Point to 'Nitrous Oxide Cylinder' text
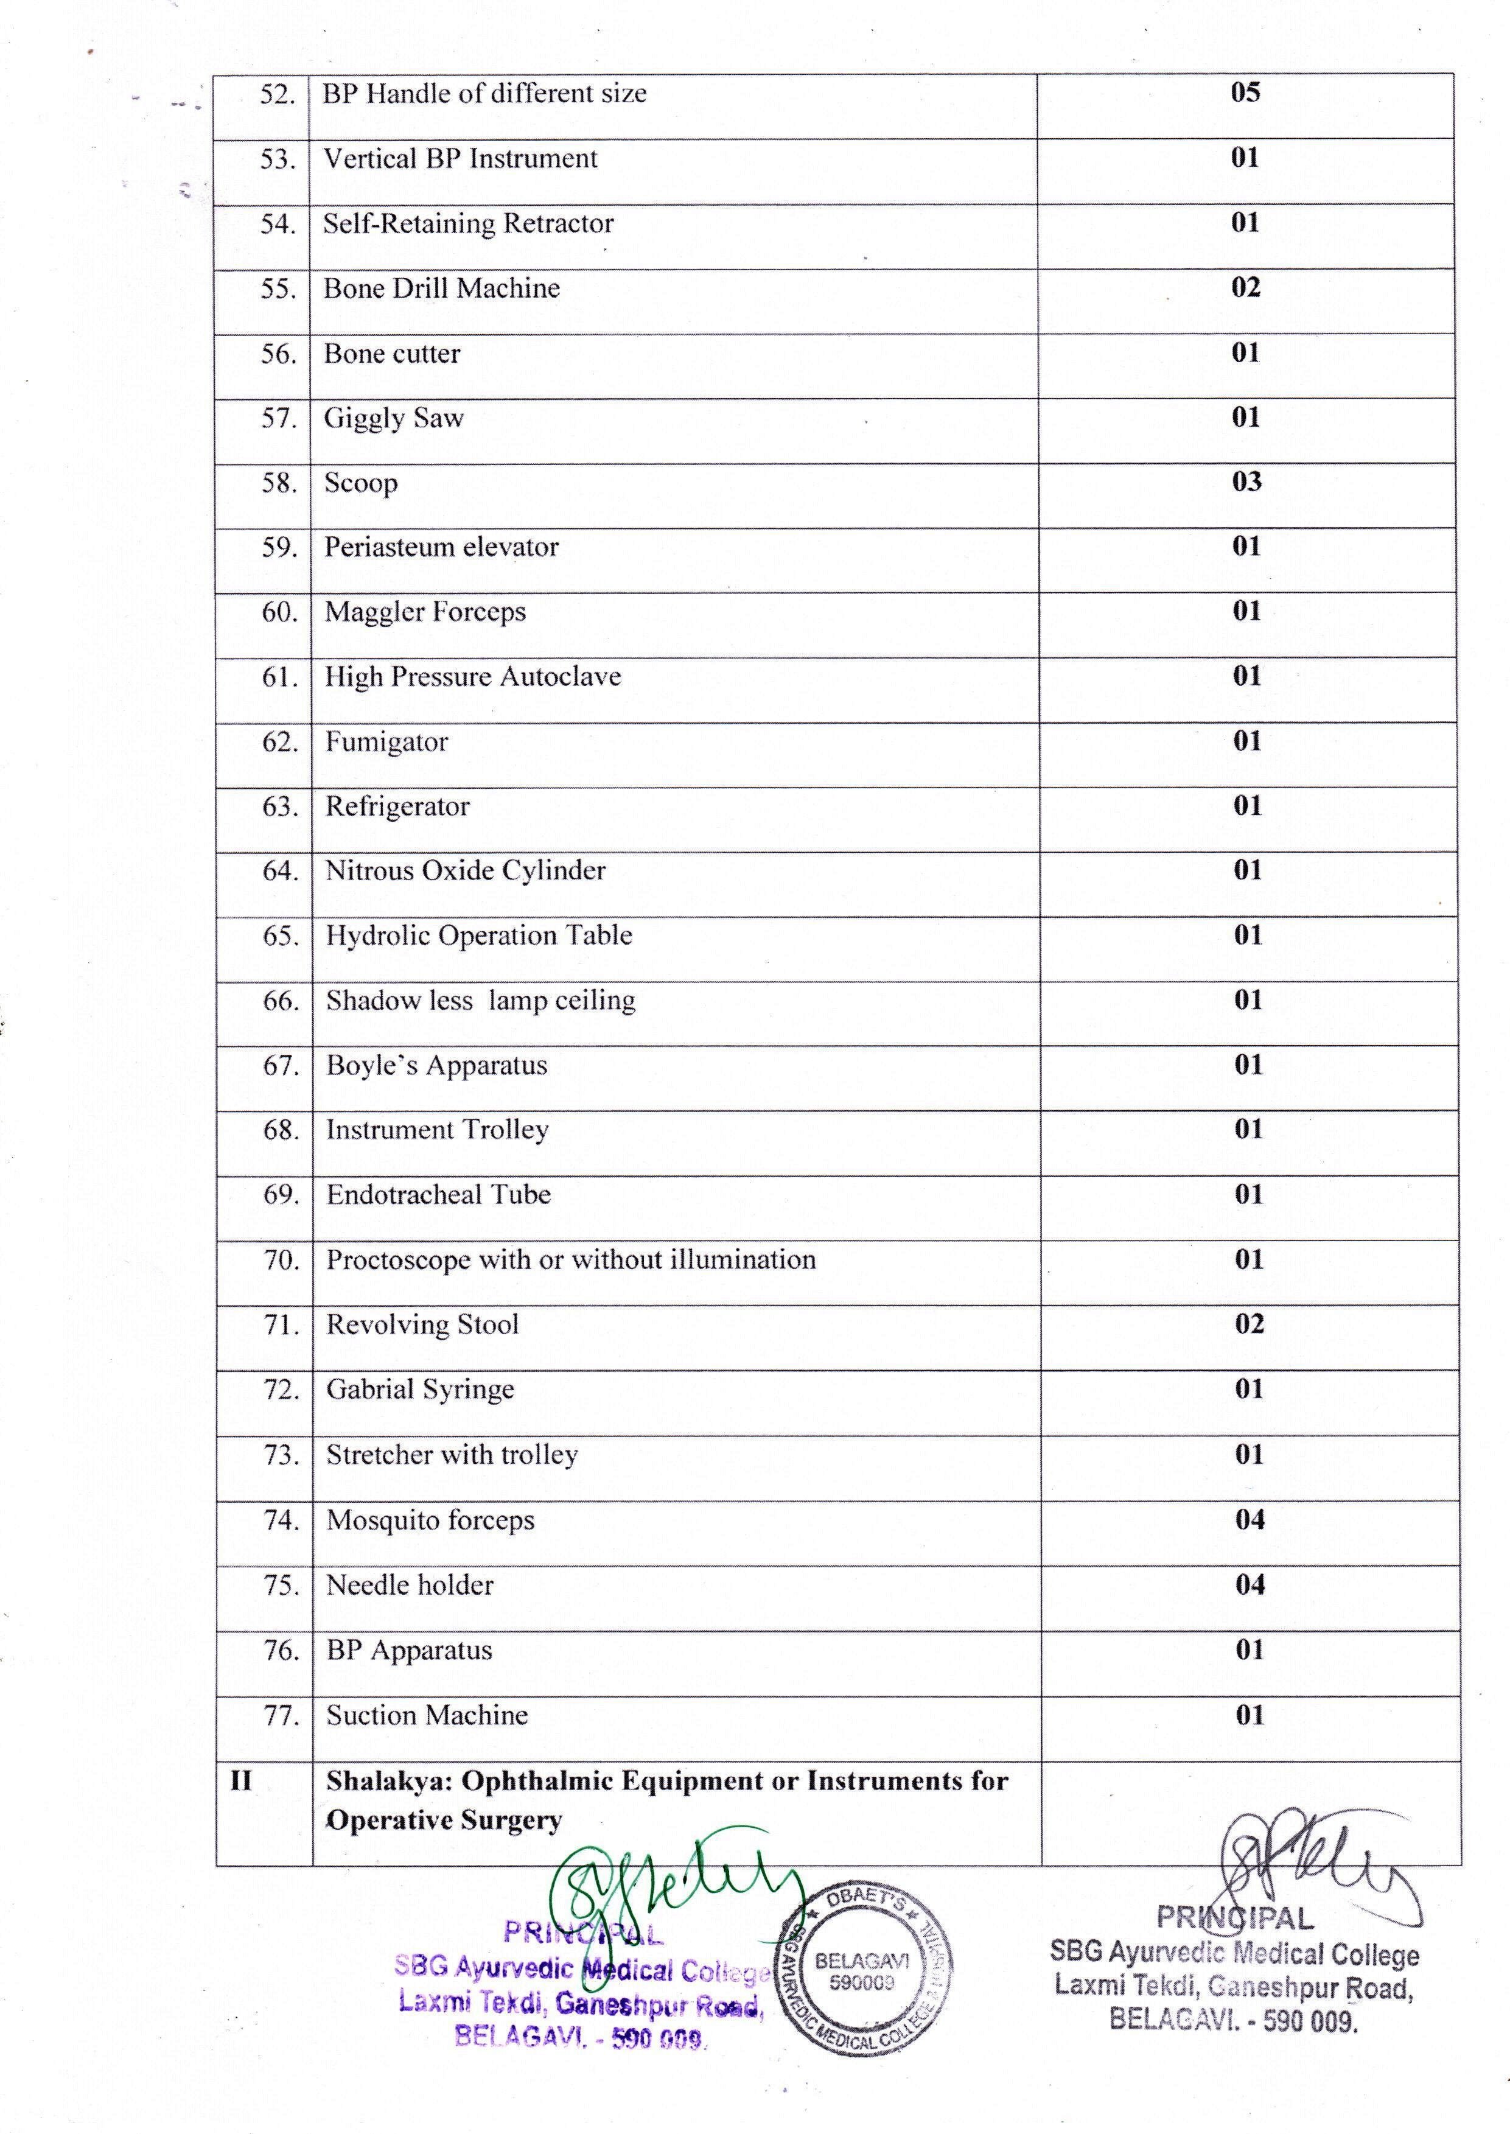click(465, 870)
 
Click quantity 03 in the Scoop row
click(1246, 481)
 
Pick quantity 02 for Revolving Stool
click(1249, 1323)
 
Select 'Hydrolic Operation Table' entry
click(479, 936)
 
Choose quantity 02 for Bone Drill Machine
click(1246, 287)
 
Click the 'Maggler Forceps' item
click(425, 612)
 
